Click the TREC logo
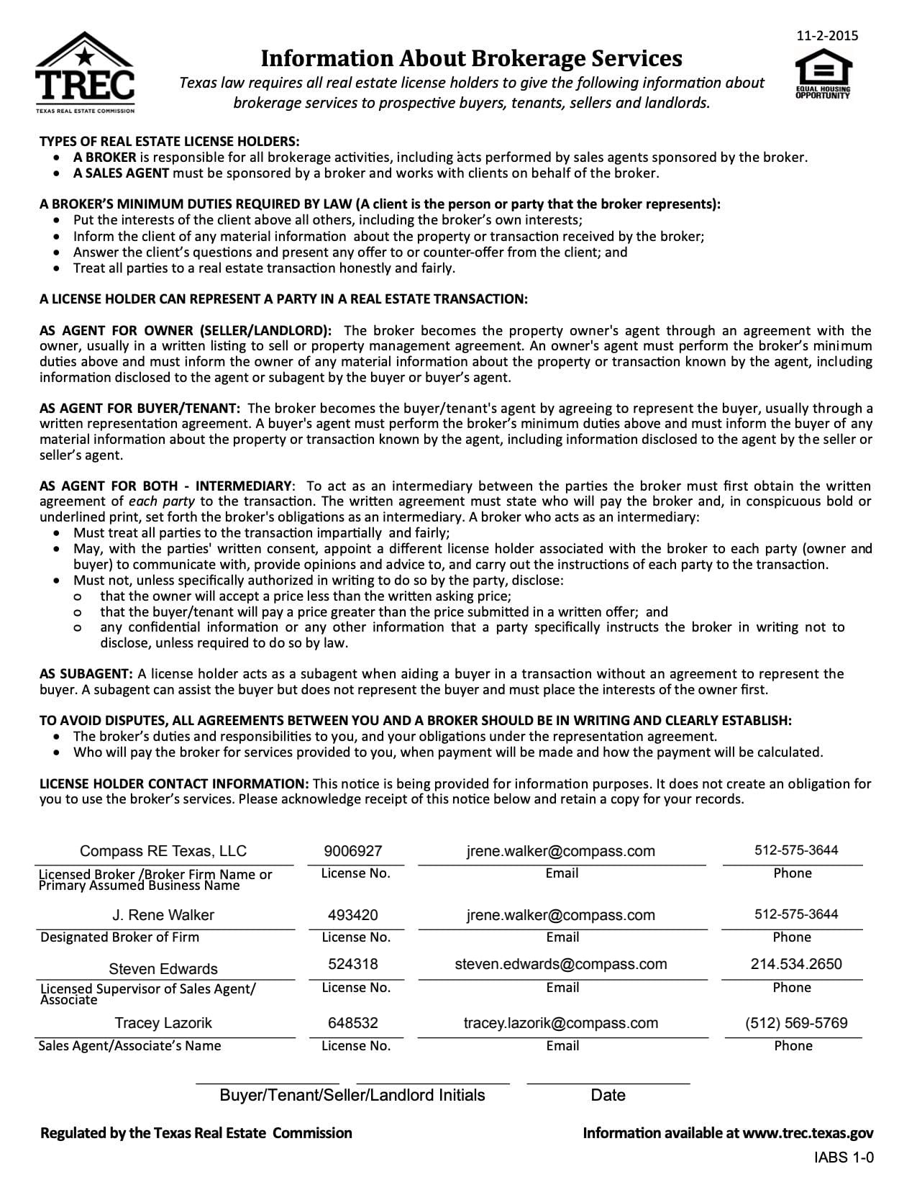click(x=85, y=72)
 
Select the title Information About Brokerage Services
click(x=471, y=58)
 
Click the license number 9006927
click(x=353, y=851)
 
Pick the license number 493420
click(x=353, y=915)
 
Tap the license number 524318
click(x=353, y=964)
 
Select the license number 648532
click(x=353, y=1023)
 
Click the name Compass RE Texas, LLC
click(x=163, y=851)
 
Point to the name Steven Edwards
click(x=163, y=969)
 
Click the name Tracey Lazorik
click(x=163, y=1023)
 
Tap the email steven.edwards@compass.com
click(x=561, y=964)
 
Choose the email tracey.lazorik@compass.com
click(x=561, y=1023)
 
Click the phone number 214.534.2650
click(x=796, y=964)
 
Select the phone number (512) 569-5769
click(x=796, y=1023)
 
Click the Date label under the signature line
click(x=608, y=1096)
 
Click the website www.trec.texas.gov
click(x=808, y=1134)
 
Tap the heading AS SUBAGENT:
click(x=86, y=674)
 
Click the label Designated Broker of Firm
click(x=120, y=937)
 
